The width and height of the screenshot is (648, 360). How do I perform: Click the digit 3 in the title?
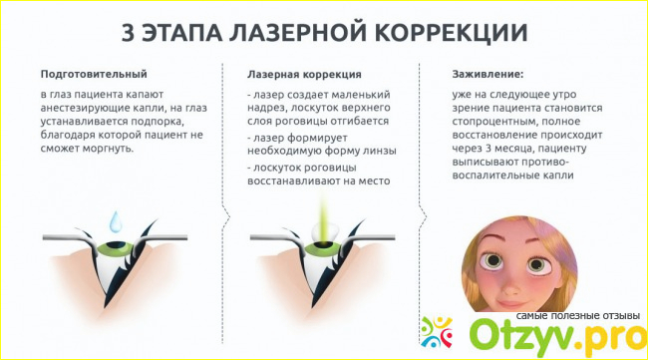click(x=128, y=32)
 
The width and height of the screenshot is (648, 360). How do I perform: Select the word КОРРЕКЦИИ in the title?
click(x=453, y=33)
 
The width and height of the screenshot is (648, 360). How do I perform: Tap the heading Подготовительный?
click(x=94, y=75)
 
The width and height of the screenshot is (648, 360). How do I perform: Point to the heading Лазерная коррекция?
click(x=304, y=75)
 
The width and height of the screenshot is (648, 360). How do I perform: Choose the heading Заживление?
click(x=487, y=75)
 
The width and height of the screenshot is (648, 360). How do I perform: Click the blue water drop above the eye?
click(x=116, y=220)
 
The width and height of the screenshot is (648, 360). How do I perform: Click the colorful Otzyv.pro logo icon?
click(x=437, y=332)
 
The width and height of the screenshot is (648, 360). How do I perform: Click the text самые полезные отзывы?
click(x=578, y=316)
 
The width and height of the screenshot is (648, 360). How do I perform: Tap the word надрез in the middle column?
click(x=266, y=109)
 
